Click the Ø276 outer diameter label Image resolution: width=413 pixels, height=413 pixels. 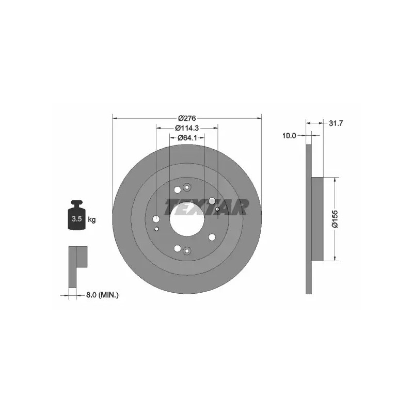[x=187, y=118]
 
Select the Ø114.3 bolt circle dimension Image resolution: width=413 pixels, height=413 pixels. [x=187, y=128]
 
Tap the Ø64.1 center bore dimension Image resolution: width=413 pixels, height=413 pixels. [x=187, y=137]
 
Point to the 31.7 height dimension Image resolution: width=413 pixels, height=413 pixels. [x=336, y=123]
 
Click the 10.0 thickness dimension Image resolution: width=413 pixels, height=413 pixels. [x=289, y=136]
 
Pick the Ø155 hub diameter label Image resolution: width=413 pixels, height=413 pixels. [x=335, y=218]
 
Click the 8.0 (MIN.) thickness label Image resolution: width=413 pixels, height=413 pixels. [x=102, y=295]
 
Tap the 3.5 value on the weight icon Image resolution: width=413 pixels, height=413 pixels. [x=76, y=218]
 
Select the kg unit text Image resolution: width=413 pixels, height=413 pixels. [x=92, y=219]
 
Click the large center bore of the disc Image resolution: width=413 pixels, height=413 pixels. [x=187, y=219]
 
